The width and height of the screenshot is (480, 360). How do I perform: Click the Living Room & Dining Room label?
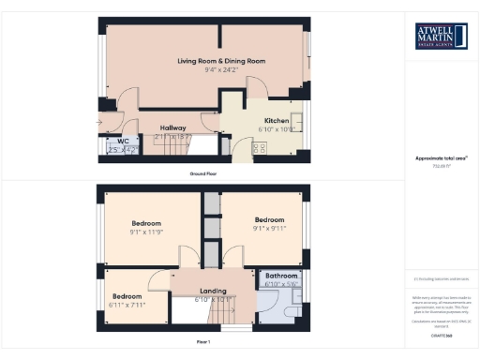click(x=221, y=61)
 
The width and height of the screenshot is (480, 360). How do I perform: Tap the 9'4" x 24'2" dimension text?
click(x=221, y=69)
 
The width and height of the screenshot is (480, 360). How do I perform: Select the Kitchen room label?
click(x=276, y=121)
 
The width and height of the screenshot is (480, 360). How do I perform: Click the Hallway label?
click(x=172, y=127)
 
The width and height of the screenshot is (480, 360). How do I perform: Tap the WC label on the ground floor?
click(x=122, y=141)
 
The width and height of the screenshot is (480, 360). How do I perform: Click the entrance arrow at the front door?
click(x=100, y=123)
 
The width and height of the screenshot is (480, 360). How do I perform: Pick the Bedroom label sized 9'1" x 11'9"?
click(x=146, y=222)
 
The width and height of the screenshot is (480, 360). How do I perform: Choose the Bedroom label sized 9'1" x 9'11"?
click(x=270, y=222)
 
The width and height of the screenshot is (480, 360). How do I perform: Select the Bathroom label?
click(x=281, y=276)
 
